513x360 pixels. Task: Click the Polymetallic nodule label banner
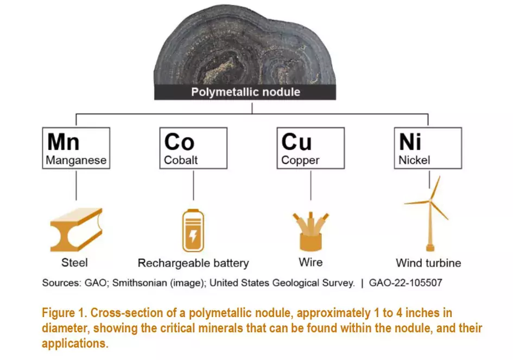point(245,92)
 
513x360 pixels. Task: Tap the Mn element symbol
point(64,142)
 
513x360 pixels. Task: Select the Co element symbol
point(179,142)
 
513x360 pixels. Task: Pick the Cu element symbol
point(296,142)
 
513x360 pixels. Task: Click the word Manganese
point(76,160)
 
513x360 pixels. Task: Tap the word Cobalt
point(181,160)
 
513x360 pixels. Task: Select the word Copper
point(300,160)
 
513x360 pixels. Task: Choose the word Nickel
point(414,160)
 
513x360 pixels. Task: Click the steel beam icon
point(75,229)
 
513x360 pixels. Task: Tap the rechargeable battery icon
point(193,231)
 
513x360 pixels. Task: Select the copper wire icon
point(311,231)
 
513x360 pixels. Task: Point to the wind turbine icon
point(429,214)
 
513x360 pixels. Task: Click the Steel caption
point(75,263)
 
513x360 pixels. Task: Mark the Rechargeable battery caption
point(193,263)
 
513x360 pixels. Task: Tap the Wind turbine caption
point(428,263)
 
